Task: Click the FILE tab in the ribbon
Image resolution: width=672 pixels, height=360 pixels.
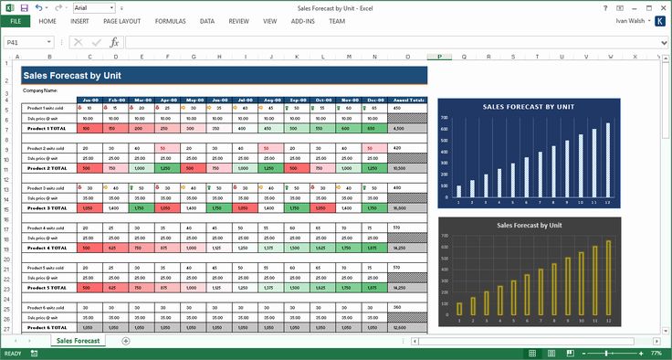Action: click(16, 20)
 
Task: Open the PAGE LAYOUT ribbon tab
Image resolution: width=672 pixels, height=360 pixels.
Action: click(121, 20)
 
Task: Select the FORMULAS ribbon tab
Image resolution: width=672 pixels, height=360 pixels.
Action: click(170, 20)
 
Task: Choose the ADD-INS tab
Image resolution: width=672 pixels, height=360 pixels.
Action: click(302, 20)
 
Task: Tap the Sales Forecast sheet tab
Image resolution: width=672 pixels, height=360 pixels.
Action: click(78, 341)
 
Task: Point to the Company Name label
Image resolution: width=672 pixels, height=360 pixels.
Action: click(40, 90)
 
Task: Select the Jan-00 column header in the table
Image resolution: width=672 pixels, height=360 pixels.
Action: click(89, 100)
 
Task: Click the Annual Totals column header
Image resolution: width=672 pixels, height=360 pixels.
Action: click(407, 100)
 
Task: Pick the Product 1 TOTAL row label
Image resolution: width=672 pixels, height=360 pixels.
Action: click(45, 130)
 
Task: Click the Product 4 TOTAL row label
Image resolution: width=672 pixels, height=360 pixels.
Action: click(45, 248)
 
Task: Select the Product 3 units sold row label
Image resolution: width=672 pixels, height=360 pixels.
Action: click(45, 188)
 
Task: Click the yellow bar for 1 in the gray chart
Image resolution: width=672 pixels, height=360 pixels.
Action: click(459, 309)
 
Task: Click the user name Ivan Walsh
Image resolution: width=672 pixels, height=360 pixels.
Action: click(635, 20)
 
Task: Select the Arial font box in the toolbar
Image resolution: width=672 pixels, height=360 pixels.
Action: click(89, 7)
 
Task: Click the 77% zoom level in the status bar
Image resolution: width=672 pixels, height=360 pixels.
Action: click(656, 353)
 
